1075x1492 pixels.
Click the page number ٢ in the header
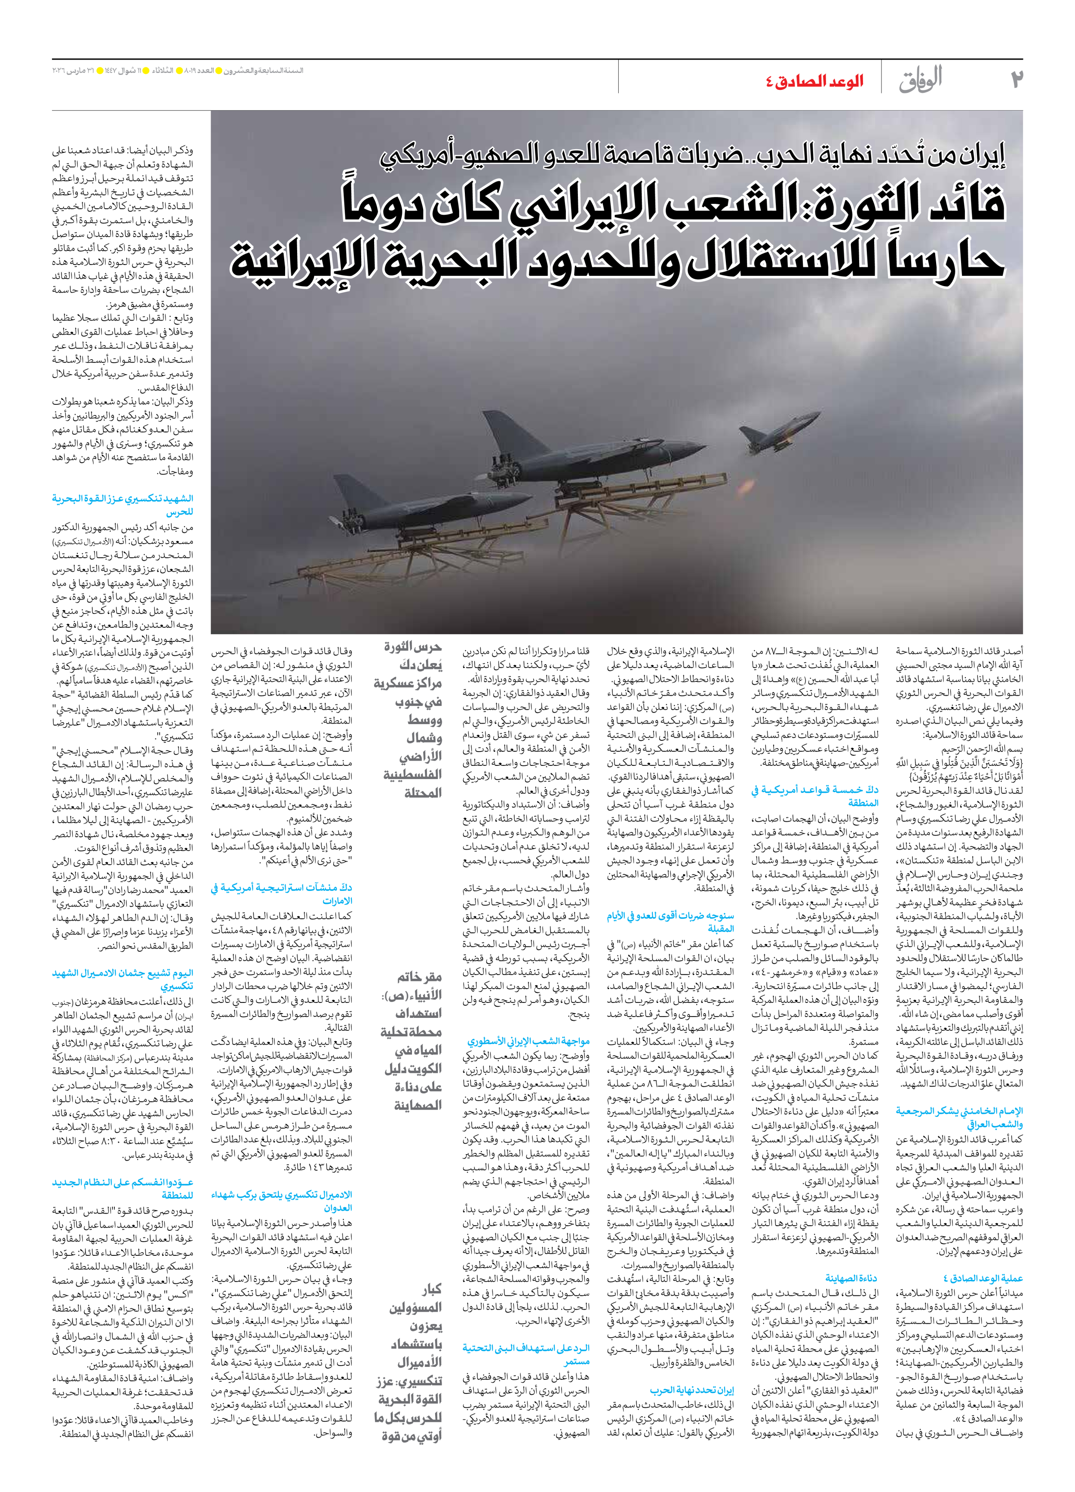[x=1016, y=79]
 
